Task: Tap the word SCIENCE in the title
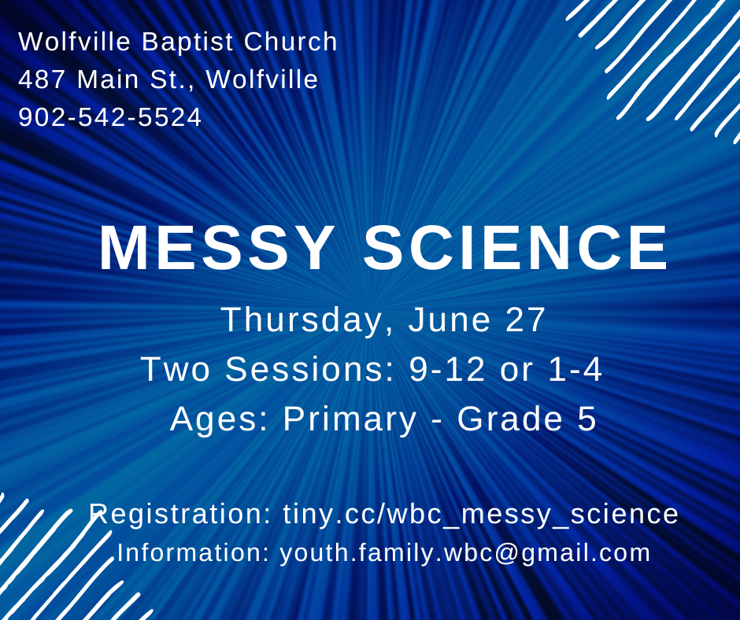516,249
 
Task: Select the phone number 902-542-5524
110,117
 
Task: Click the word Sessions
309,369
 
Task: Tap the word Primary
350,419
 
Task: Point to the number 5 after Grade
586,419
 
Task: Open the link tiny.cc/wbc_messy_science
481,514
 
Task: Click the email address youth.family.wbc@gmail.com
465,552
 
